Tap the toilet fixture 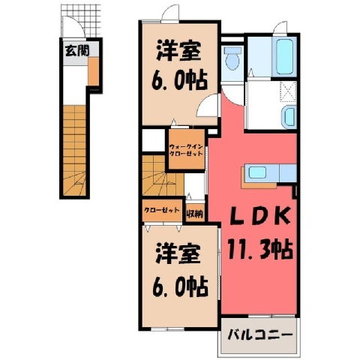click(x=232, y=58)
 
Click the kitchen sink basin click(x=257, y=172)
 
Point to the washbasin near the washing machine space click(x=289, y=116)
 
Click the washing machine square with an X click(x=288, y=91)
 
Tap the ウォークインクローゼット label click(x=186, y=150)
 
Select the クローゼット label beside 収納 click(x=162, y=210)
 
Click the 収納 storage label click(x=195, y=214)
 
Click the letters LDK click(x=259, y=215)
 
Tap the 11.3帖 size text click(x=259, y=249)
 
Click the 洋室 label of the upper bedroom click(x=178, y=51)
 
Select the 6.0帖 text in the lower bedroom click(x=180, y=286)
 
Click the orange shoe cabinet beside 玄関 click(x=93, y=71)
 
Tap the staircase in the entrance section click(x=74, y=150)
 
